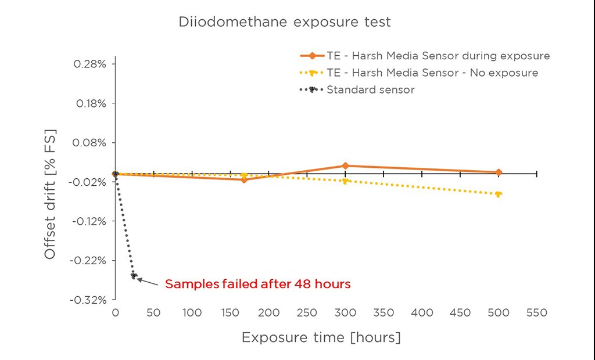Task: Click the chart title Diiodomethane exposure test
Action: pos(284,23)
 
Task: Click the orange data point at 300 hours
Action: pos(345,166)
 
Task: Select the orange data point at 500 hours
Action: pos(499,172)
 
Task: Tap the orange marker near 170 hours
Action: pos(244,179)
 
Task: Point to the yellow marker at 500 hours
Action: pos(499,194)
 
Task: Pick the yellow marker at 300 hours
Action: pos(345,181)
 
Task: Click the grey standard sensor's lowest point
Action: pos(134,276)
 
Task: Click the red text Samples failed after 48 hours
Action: pos(258,285)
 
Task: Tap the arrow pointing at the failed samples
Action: pos(148,282)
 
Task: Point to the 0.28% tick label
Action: pos(89,64)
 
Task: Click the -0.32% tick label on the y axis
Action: pos(88,300)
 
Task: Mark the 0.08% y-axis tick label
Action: pos(89,142)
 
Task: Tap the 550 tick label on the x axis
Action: pos(536,313)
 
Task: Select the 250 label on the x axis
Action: pos(307,313)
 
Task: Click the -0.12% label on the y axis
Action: pos(88,221)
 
